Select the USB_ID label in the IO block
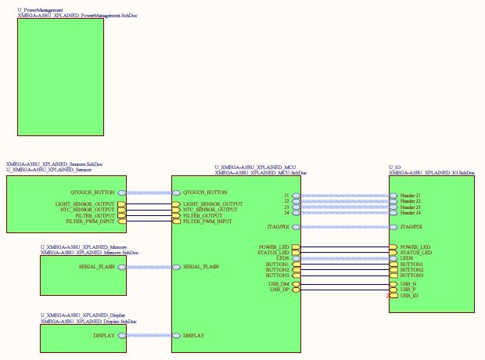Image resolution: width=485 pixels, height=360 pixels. coord(409,296)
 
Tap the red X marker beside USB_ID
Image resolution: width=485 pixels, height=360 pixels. coord(389,296)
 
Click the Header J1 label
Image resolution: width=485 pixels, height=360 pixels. coord(410,195)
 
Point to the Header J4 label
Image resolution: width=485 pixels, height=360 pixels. coord(410,213)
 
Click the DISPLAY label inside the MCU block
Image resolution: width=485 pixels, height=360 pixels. coord(194,336)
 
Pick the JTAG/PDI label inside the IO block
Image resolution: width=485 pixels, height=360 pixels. coord(411,228)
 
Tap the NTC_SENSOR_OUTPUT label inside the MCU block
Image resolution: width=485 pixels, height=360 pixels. coord(210,210)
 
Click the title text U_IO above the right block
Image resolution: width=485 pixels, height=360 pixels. coord(395,167)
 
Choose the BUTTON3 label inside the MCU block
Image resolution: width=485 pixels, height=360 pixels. coord(278,275)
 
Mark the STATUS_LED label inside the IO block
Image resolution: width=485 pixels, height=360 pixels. coord(415,253)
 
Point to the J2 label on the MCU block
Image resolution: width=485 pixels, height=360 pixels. coord(286,201)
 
